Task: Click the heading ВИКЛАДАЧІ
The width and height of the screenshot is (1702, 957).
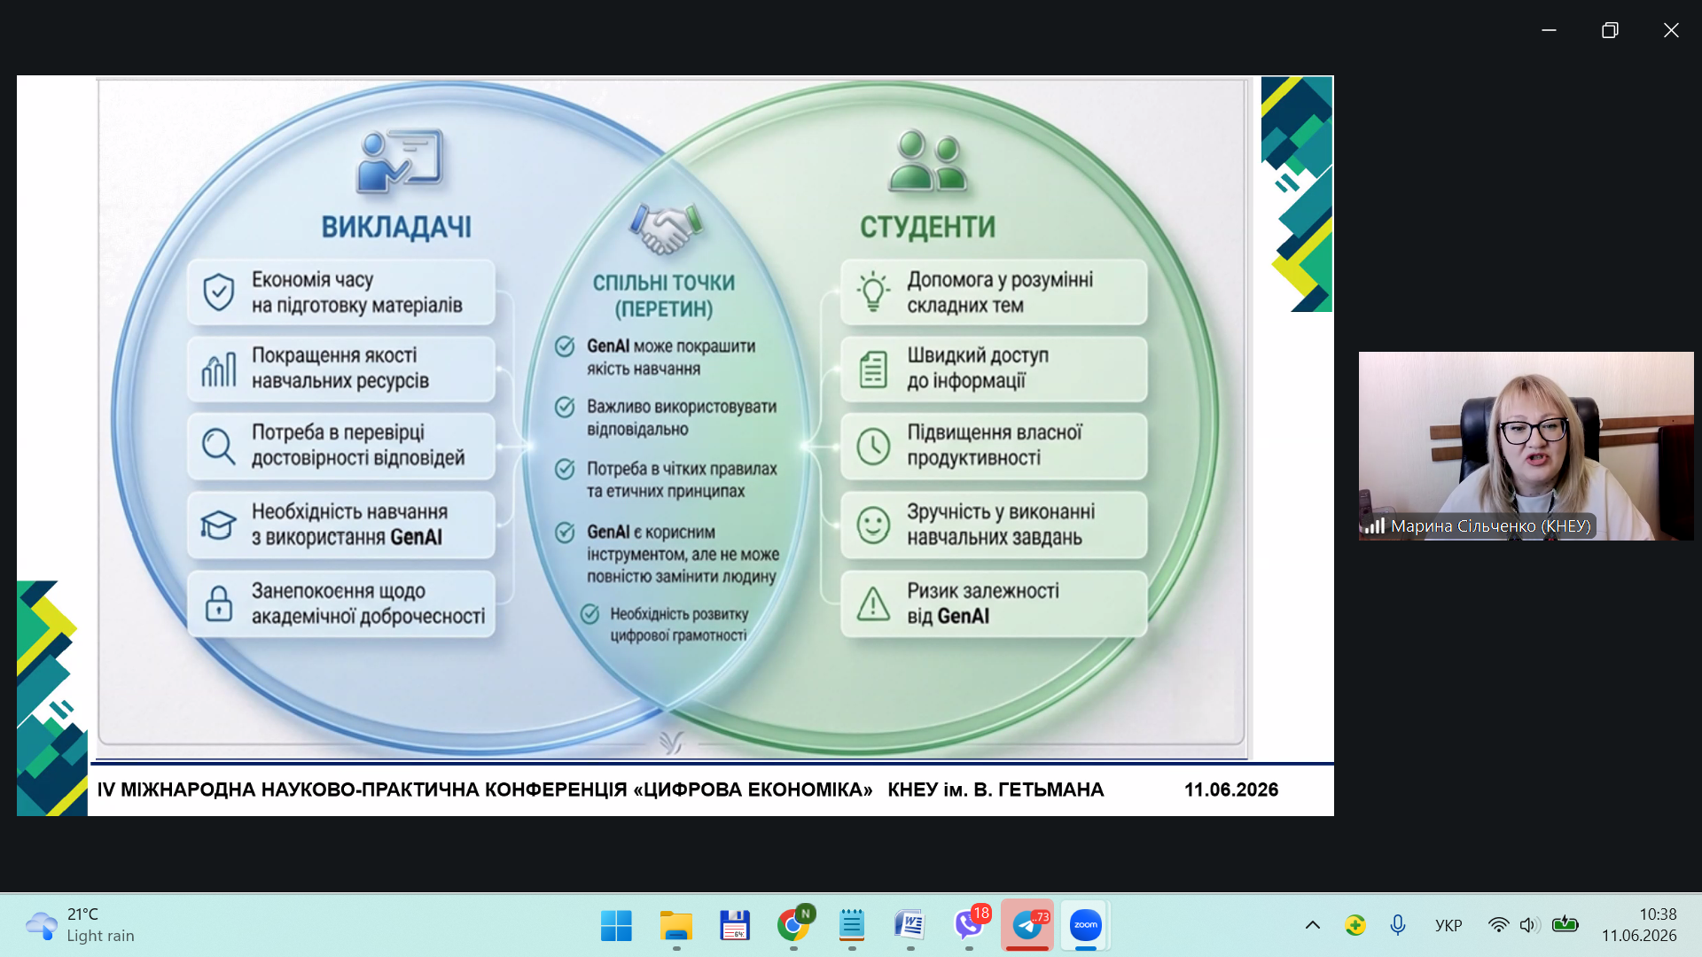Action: click(396, 228)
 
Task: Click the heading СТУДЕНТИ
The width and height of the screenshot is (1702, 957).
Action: click(927, 228)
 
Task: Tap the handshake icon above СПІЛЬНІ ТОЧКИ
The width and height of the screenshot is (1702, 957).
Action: click(666, 229)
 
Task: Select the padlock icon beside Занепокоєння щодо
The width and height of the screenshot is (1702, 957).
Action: click(218, 603)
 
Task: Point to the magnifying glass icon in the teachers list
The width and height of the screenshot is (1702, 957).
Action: click(218, 447)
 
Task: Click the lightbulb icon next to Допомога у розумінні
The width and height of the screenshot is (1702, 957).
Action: click(872, 292)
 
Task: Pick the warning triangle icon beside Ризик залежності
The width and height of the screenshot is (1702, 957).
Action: click(873, 603)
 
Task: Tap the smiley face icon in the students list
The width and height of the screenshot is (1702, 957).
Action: click(873, 525)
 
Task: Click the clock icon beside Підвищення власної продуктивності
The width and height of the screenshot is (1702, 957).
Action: click(873, 446)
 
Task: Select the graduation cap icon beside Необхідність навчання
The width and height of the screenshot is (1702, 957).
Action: click(218, 525)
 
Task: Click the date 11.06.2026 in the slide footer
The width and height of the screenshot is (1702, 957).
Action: click(1231, 790)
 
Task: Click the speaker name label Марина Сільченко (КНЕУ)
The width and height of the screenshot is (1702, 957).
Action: click(1491, 526)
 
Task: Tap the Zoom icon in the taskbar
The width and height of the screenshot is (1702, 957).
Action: click(1085, 925)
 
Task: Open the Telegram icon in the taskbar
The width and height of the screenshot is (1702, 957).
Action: click(1027, 925)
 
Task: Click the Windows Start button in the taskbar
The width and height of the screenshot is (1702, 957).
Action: click(616, 925)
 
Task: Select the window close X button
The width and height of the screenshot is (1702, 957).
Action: click(1671, 30)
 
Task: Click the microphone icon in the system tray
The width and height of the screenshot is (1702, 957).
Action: click(1398, 925)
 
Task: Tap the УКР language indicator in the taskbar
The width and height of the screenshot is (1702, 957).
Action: click(1448, 926)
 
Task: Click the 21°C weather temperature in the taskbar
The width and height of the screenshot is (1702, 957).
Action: click(82, 914)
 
